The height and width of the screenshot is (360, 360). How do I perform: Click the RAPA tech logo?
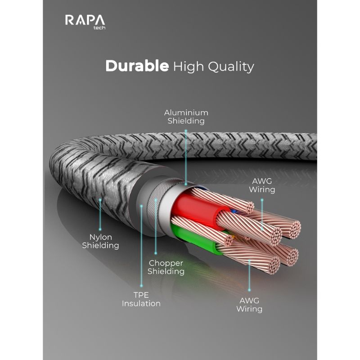[85, 22]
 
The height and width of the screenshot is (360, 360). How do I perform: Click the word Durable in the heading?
[137, 66]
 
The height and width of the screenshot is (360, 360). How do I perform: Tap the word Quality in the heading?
[231, 67]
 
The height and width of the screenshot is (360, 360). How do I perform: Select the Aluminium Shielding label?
[186, 117]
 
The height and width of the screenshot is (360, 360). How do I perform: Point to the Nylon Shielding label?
[100, 241]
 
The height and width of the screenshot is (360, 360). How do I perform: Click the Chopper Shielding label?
[166, 267]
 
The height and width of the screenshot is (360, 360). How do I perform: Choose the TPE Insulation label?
[141, 299]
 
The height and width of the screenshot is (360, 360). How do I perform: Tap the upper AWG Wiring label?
[262, 185]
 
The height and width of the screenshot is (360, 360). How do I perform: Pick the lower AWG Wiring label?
[249, 305]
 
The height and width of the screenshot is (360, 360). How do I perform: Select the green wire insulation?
[195, 239]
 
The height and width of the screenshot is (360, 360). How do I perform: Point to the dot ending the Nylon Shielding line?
[100, 229]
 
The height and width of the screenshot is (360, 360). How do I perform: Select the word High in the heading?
[189, 67]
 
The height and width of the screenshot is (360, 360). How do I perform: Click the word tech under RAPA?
[99, 28]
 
